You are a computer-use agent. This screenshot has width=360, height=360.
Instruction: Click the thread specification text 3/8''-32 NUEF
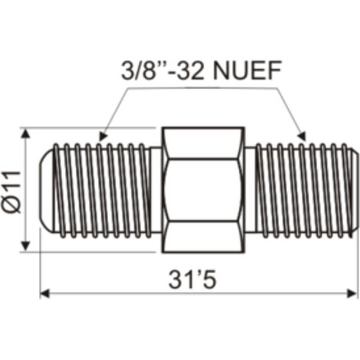coord(201,70)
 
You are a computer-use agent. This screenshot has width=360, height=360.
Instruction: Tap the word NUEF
coord(247,70)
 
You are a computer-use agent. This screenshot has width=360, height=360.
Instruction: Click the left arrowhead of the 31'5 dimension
coord(44,294)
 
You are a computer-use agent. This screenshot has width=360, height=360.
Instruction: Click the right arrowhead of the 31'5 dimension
coord(352,294)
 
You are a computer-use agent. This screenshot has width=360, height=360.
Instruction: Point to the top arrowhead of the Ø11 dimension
coord(25,133)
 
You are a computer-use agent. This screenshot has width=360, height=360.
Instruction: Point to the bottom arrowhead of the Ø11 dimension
coord(25,246)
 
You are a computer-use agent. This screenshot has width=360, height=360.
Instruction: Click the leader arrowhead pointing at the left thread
coord(103,136)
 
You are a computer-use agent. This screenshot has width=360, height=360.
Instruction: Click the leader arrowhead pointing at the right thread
coord(302,136)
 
